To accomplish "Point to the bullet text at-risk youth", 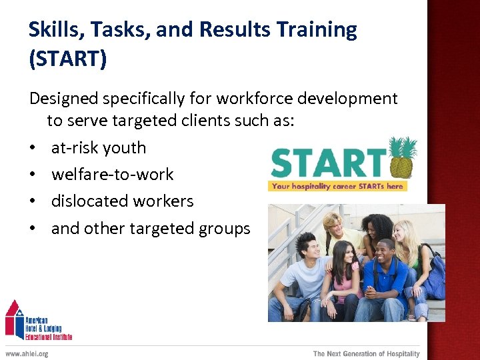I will click(98, 148).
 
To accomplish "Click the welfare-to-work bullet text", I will click(112, 175).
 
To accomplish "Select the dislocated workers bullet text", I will click(122, 201).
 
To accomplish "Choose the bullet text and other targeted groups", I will click(151, 229).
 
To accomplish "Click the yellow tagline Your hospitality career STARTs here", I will click(337, 186).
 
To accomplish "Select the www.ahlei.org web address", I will click(27, 353).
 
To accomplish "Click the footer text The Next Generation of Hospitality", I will click(366, 353).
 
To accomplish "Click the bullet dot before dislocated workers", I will click(33, 201).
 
